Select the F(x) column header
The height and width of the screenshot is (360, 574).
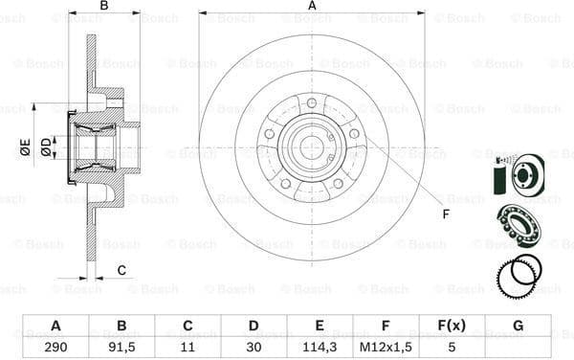[452, 325]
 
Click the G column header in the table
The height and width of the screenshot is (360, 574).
[518, 325]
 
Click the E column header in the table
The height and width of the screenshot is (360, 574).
[320, 325]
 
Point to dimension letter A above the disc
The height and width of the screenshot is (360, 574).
[312, 7]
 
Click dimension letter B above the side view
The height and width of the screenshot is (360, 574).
[104, 7]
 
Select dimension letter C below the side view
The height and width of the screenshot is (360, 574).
[121, 271]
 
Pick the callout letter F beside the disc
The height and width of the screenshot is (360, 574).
[445, 214]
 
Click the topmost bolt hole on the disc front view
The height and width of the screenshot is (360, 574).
[312, 102]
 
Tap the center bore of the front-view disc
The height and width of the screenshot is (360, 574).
[312, 146]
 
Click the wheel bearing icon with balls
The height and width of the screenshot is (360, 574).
[517, 229]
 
